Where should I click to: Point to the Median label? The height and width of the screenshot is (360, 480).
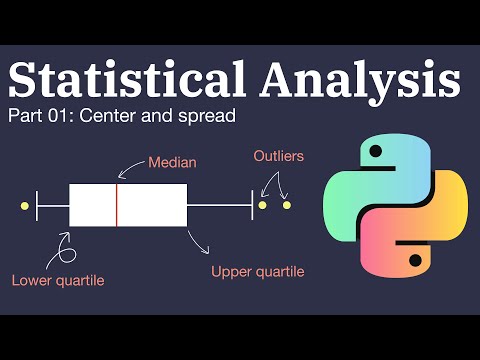click(x=171, y=160)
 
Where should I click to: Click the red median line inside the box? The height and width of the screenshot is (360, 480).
click(x=117, y=205)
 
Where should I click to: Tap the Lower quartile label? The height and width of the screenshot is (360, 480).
click(x=58, y=280)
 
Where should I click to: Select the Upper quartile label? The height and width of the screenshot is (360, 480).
click(x=258, y=271)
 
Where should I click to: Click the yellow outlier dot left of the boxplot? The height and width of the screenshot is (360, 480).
click(x=24, y=206)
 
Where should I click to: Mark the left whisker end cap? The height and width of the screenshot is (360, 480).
click(x=37, y=206)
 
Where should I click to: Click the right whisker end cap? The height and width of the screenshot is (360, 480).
click(x=252, y=205)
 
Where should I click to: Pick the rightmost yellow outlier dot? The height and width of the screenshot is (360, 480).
click(x=286, y=205)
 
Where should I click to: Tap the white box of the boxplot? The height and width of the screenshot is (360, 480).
click(x=150, y=205)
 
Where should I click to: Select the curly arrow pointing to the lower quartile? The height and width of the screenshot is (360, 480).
click(x=66, y=246)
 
